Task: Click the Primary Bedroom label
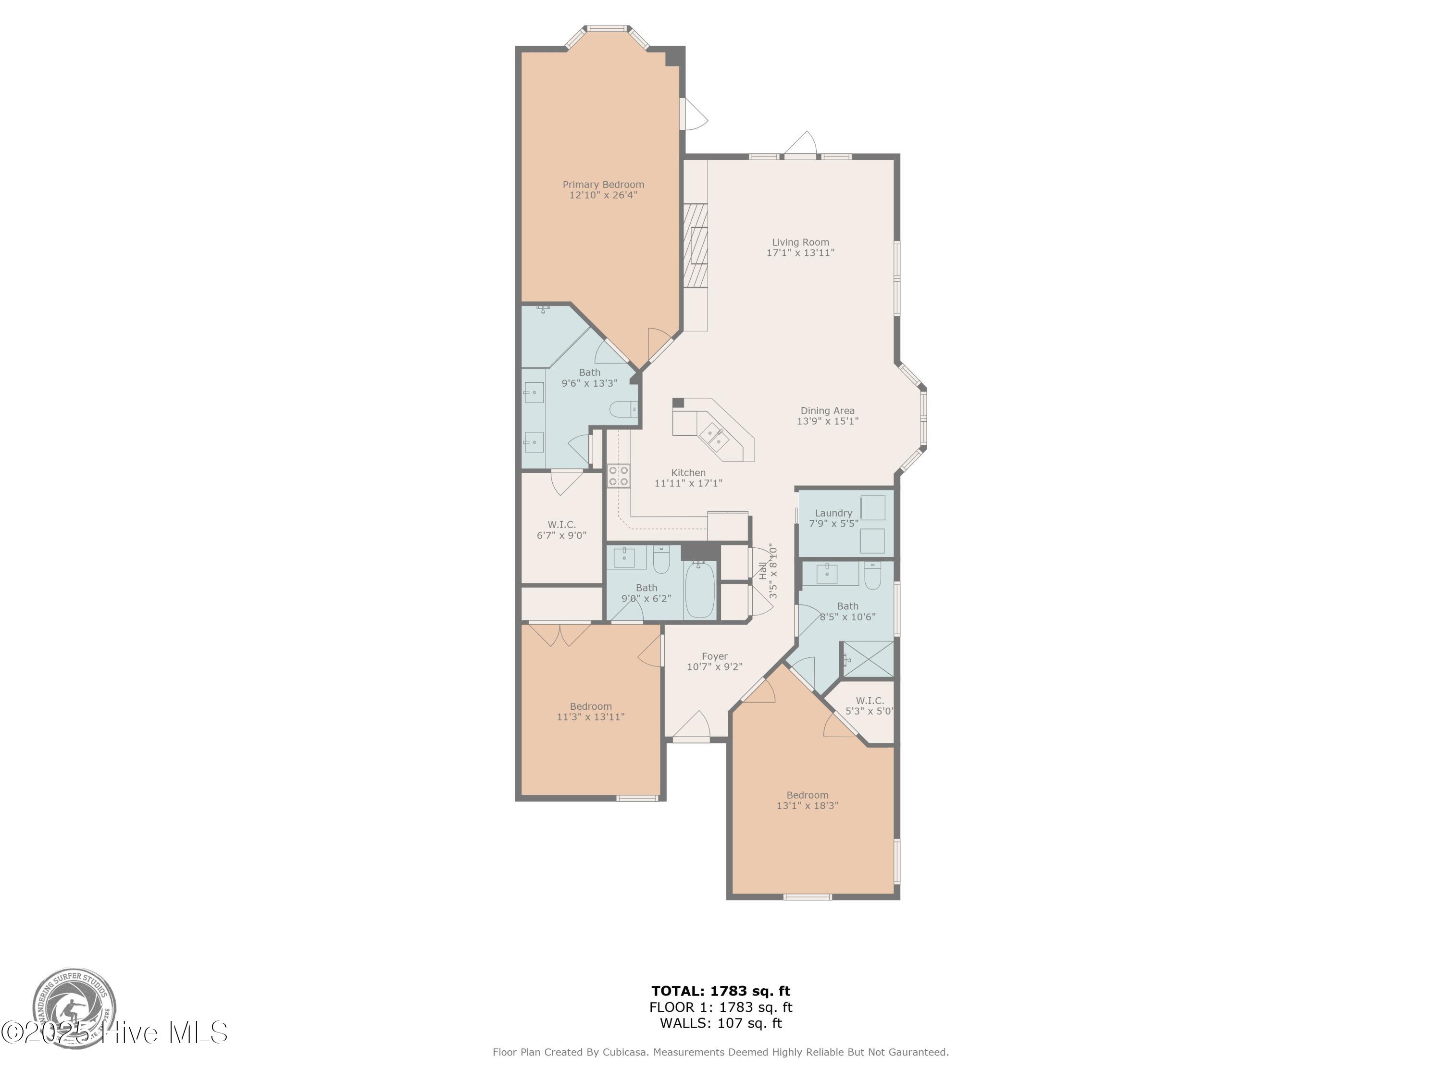(603, 185)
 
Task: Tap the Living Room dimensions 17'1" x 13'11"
(800, 253)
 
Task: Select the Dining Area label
(827, 411)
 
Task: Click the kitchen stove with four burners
(619, 476)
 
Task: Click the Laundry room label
(833, 513)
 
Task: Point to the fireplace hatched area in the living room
(695, 245)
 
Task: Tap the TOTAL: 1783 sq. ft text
(721, 991)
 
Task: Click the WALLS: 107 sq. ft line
(721, 1023)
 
